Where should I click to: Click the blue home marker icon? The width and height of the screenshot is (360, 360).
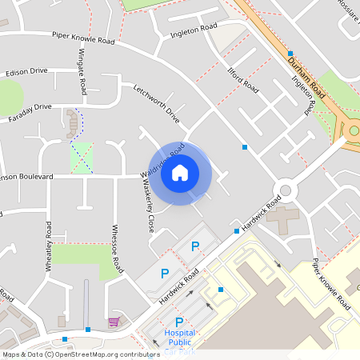pyautogui.click(x=180, y=172)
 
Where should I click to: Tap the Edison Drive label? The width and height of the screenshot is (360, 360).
pyautogui.click(x=26, y=71)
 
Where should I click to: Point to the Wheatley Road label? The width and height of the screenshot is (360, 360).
pyautogui.click(x=49, y=246)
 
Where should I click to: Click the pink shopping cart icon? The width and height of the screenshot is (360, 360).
pyautogui.click(x=114, y=322)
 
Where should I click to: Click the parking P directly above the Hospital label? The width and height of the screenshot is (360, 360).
pyautogui.click(x=179, y=322)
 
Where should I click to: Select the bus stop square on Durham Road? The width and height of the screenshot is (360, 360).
pyautogui.click(x=290, y=52)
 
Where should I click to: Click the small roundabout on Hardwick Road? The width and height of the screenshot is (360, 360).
pyautogui.click(x=283, y=190)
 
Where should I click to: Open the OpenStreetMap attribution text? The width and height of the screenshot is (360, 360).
pyautogui.click(x=80, y=354)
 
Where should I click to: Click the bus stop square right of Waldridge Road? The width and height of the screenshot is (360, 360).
pyautogui.click(x=245, y=146)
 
